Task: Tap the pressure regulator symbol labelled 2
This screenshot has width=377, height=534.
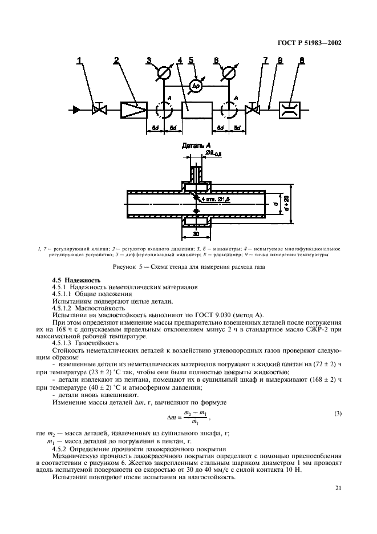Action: tap(133, 110)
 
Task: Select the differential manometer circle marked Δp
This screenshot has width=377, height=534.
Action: tap(194, 85)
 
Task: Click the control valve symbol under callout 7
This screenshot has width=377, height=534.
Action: tap(250, 110)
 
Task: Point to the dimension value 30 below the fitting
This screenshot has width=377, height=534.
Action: tap(196, 233)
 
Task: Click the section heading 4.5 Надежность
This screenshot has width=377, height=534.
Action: tap(76, 280)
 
